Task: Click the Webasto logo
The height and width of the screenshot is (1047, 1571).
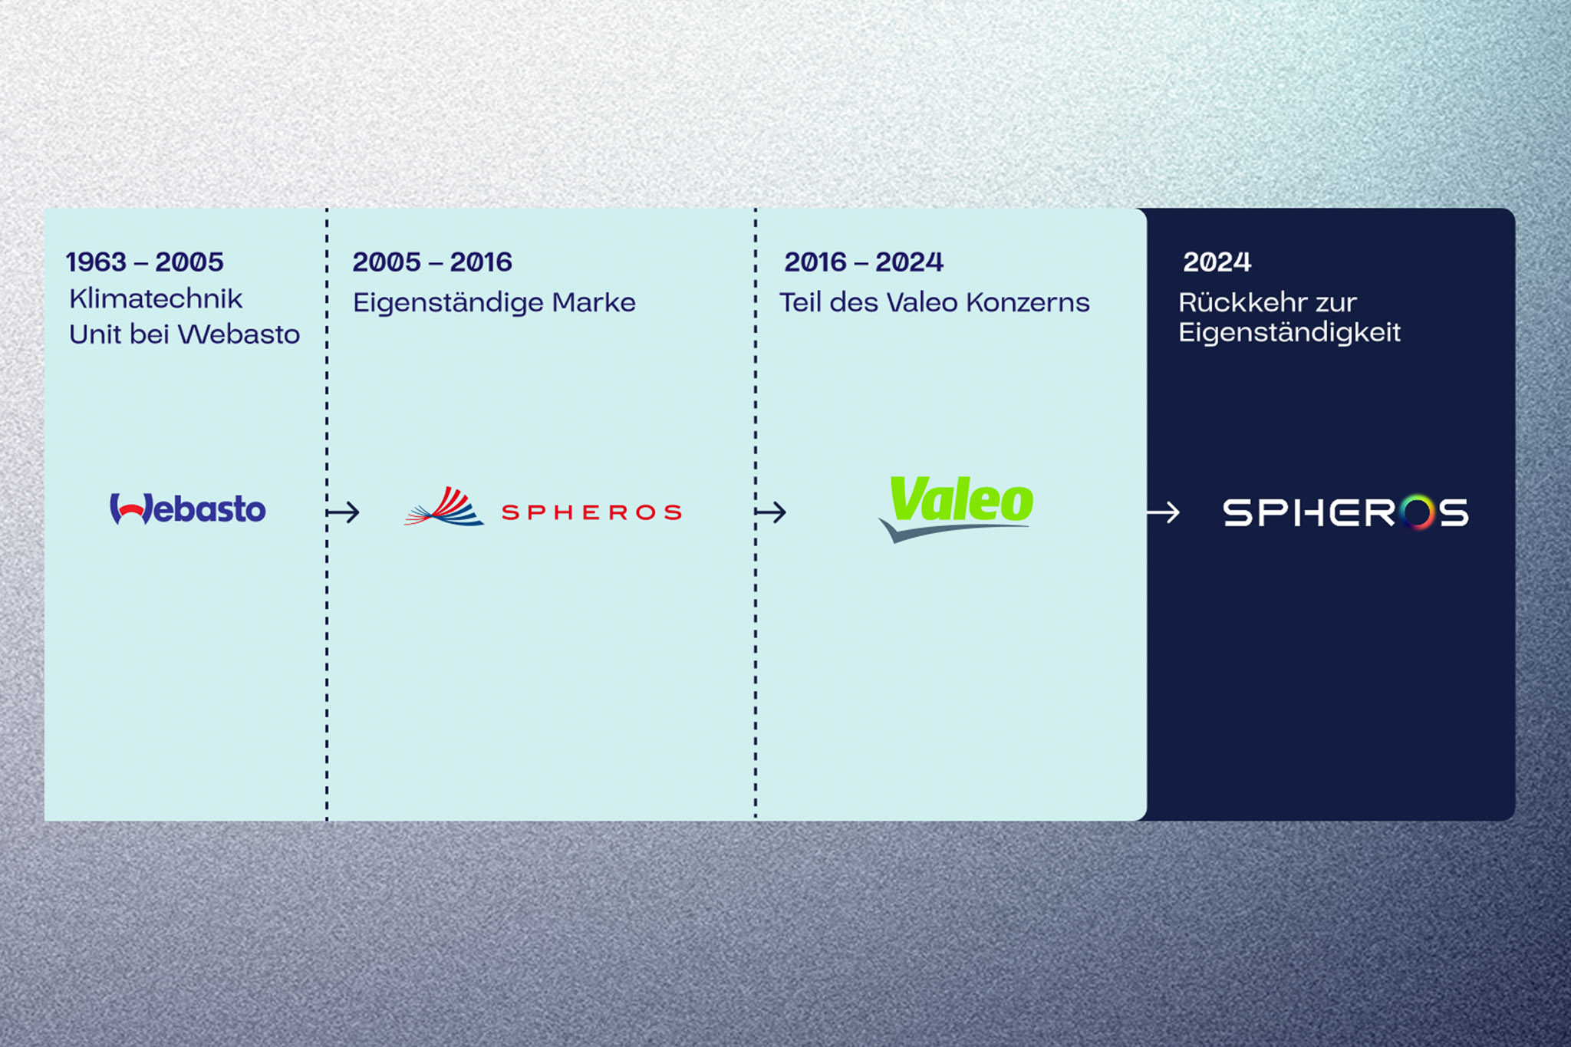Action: click(x=188, y=509)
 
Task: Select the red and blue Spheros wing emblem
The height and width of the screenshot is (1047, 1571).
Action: click(x=444, y=506)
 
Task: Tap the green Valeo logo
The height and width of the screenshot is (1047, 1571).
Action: click(x=957, y=508)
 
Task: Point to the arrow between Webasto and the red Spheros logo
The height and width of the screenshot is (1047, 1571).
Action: click(x=343, y=512)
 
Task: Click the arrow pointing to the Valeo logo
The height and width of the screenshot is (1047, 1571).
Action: click(x=771, y=512)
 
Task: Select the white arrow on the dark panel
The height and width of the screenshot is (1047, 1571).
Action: click(x=1163, y=512)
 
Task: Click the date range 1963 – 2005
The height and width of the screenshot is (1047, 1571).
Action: click(x=145, y=262)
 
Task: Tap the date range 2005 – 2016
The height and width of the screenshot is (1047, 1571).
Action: click(x=433, y=262)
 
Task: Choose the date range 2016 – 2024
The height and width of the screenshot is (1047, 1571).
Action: click(x=864, y=262)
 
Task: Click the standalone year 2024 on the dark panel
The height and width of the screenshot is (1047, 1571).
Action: click(x=1217, y=262)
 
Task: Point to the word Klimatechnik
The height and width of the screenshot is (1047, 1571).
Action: click(x=156, y=298)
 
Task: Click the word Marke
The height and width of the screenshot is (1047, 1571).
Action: click(x=594, y=302)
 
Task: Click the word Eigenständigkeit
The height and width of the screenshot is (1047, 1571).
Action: click(x=1289, y=333)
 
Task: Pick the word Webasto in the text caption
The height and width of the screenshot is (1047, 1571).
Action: click(x=239, y=334)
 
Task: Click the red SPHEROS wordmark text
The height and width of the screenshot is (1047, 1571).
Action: click(x=591, y=512)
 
